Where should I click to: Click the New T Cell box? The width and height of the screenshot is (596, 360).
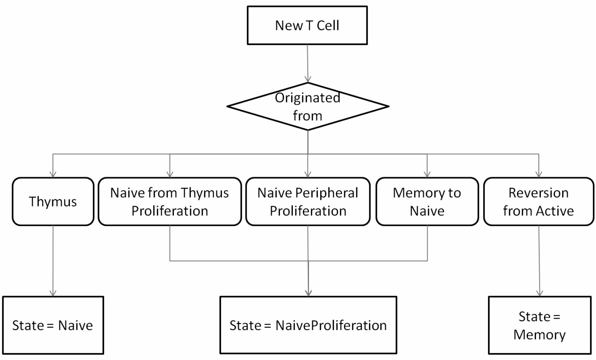pos(307,25)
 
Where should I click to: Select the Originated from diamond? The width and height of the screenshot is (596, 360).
pos(308,106)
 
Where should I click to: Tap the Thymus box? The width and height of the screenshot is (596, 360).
pos(53,201)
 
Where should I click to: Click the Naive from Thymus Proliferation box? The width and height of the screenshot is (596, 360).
pos(170,201)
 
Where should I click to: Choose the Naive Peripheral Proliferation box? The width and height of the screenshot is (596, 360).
pos(308,201)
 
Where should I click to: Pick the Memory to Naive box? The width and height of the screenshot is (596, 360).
pos(427,201)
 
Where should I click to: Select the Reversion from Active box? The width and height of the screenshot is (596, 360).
pos(539,201)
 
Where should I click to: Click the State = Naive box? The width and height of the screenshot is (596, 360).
pos(53,325)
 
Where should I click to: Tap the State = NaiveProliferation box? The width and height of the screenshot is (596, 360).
pos(308,325)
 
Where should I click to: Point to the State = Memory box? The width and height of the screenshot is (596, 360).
pos(540,325)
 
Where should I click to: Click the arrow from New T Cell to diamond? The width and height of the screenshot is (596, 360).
pos(308,64)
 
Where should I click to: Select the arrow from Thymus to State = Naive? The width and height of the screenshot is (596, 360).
pos(53,261)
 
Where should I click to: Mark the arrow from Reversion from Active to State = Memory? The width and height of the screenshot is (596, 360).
pos(539,261)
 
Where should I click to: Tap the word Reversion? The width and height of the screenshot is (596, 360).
pos(539,193)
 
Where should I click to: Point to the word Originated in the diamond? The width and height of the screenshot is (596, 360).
pos(308,98)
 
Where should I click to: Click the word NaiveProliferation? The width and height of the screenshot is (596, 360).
pos(331,325)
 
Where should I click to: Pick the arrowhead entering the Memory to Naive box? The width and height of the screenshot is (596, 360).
pos(427,174)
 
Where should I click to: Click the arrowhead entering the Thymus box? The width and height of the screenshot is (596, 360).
pos(53,174)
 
